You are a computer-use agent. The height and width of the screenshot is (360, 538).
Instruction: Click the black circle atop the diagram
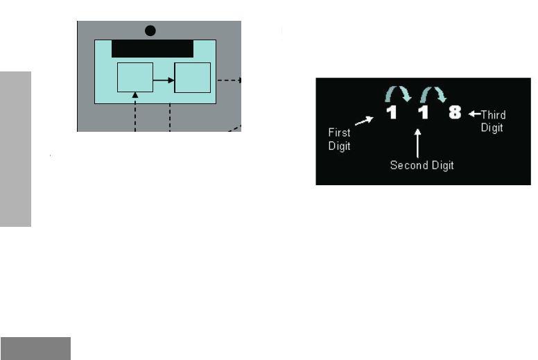click(150, 30)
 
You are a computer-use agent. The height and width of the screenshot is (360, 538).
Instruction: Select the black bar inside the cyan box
click(153, 49)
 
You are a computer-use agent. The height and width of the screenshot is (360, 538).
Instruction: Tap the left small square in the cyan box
click(134, 77)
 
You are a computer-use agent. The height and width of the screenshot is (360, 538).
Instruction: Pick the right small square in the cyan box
click(192, 77)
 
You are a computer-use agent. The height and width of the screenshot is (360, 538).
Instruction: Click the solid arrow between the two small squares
click(163, 80)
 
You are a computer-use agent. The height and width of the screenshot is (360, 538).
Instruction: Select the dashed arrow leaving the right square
click(229, 80)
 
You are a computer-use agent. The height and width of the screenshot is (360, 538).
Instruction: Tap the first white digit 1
click(392, 112)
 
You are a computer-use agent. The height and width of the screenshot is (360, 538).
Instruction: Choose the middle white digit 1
click(420, 112)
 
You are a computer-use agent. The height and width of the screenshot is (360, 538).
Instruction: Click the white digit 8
click(455, 112)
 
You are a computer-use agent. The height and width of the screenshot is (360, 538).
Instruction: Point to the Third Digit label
click(492, 121)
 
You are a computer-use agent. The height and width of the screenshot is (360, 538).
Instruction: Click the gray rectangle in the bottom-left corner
click(35, 348)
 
